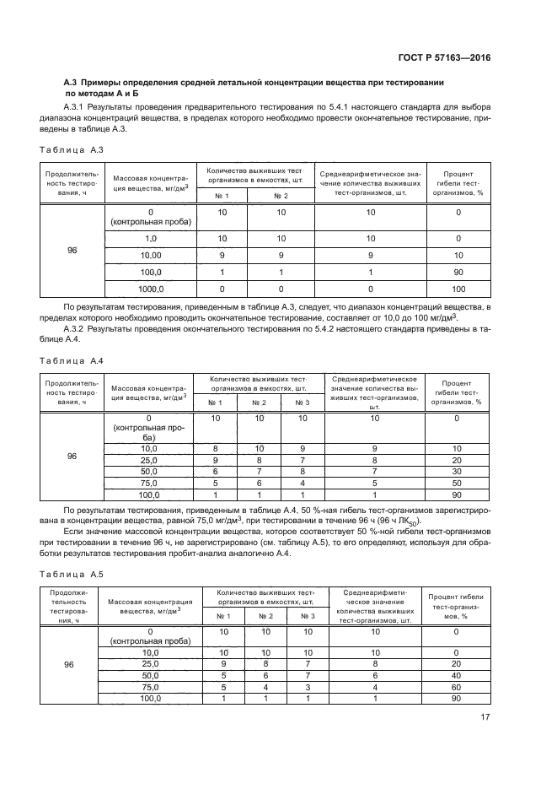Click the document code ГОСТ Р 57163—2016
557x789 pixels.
tap(446, 57)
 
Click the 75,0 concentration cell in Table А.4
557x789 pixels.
tap(149, 483)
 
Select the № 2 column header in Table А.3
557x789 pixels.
tap(281, 196)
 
